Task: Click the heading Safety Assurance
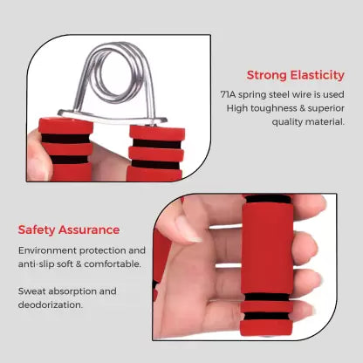point(69,229)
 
